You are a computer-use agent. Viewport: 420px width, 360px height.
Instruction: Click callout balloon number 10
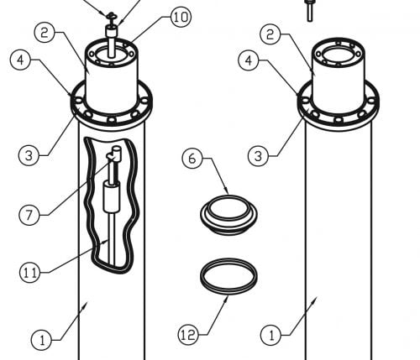[181, 18]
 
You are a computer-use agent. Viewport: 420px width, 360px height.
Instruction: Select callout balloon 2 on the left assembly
[45, 33]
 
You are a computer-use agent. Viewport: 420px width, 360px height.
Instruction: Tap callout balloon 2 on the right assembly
[270, 34]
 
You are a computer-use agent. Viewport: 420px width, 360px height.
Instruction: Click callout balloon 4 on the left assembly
[20, 60]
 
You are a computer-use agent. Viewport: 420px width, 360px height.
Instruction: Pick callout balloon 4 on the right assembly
[249, 60]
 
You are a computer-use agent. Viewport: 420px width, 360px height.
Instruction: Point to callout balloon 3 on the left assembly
[29, 155]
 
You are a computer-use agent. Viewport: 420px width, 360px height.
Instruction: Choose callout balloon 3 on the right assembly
[258, 156]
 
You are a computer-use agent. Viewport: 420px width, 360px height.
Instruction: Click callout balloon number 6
[192, 159]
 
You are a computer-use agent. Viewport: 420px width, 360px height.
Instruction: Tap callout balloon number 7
[29, 215]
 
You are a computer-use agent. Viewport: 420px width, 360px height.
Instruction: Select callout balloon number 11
[29, 272]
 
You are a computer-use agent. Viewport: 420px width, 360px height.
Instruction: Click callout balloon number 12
[188, 335]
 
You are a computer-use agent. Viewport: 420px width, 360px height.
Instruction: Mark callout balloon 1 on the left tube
[41, 340]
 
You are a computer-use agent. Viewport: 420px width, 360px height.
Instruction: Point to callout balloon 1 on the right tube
[270, 335]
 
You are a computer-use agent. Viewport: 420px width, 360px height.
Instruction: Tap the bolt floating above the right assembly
[310, 11]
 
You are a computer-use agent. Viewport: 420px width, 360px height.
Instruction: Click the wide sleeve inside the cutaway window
[112, 196]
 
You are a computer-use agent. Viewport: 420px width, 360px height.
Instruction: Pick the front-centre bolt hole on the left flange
[112, 120]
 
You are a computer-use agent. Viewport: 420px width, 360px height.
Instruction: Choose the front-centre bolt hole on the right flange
[339, 120]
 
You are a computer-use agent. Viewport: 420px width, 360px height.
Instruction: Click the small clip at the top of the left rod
[111, 16]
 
